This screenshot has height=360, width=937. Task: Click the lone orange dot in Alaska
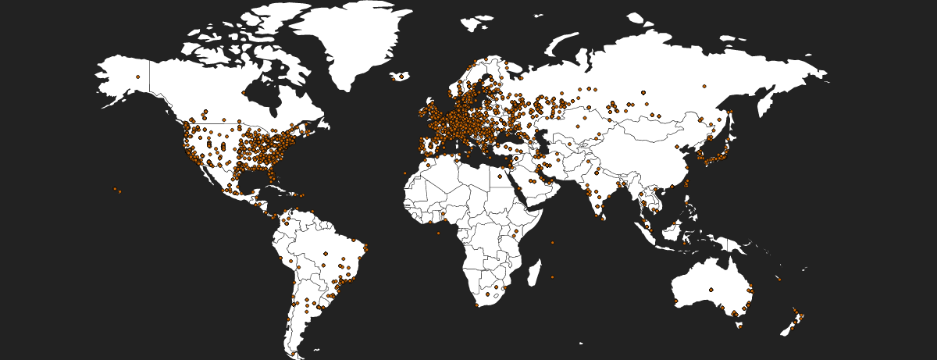point(137,77)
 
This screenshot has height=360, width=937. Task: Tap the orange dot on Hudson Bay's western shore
point(244,93)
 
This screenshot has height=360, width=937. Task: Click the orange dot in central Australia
point(711,290)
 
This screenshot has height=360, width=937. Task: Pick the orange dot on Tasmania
point(739,326)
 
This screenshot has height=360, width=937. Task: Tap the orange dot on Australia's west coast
point(675,301)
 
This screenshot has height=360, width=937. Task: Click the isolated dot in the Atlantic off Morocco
point(405,173)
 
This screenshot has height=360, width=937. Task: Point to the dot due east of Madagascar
point(552,276)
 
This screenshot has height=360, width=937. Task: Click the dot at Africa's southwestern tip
point(477,305)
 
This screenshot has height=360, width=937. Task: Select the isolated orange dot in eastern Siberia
point(704,86)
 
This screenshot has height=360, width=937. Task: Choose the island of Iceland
point(399,77)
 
